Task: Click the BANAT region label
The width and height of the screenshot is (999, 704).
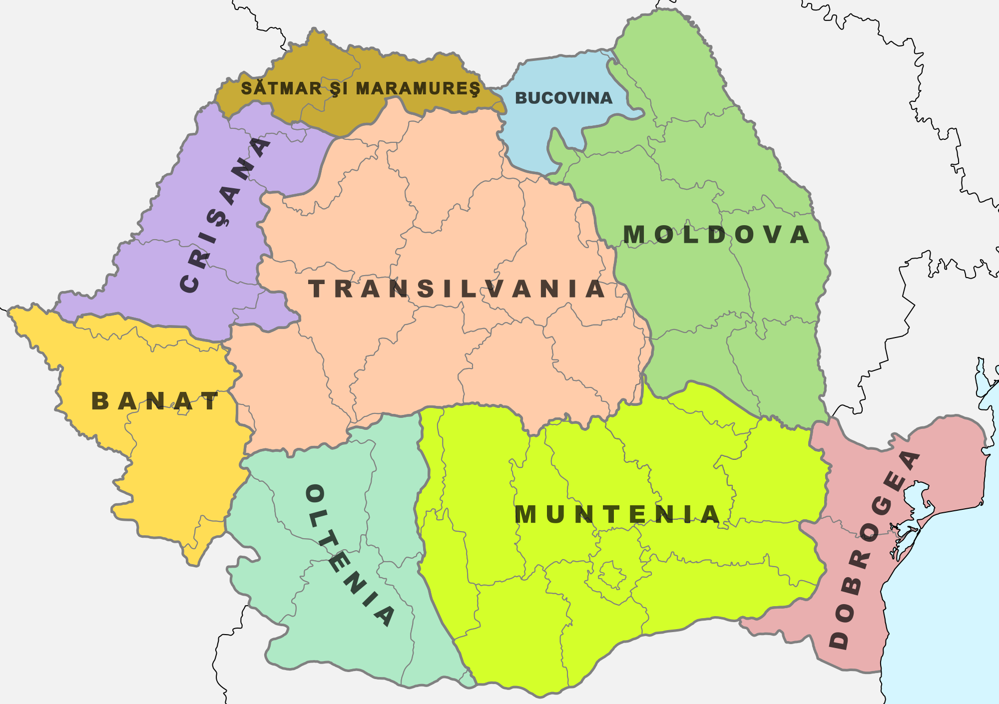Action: (x=155, y=401)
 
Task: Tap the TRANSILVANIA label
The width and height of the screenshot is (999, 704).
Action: (x=457, y=289)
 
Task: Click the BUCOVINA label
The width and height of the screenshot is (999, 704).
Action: (x=563, y=98)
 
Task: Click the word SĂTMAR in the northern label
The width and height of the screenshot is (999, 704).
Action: (x=281, y=88)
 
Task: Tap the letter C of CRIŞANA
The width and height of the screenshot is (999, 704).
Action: (x=190, y=284)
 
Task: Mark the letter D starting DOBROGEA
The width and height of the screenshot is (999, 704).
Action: (x=839, y=640)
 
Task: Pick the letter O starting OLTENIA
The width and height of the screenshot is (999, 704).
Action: (x=315, y=494)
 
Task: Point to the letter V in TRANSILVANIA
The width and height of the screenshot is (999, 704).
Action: (x=495, y=289)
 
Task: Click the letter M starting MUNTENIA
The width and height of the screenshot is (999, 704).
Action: (x=524, y=514)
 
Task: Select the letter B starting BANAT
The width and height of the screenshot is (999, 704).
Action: (x=100, y=401)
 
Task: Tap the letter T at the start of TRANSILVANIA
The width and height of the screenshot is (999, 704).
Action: (x=317, y=289)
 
